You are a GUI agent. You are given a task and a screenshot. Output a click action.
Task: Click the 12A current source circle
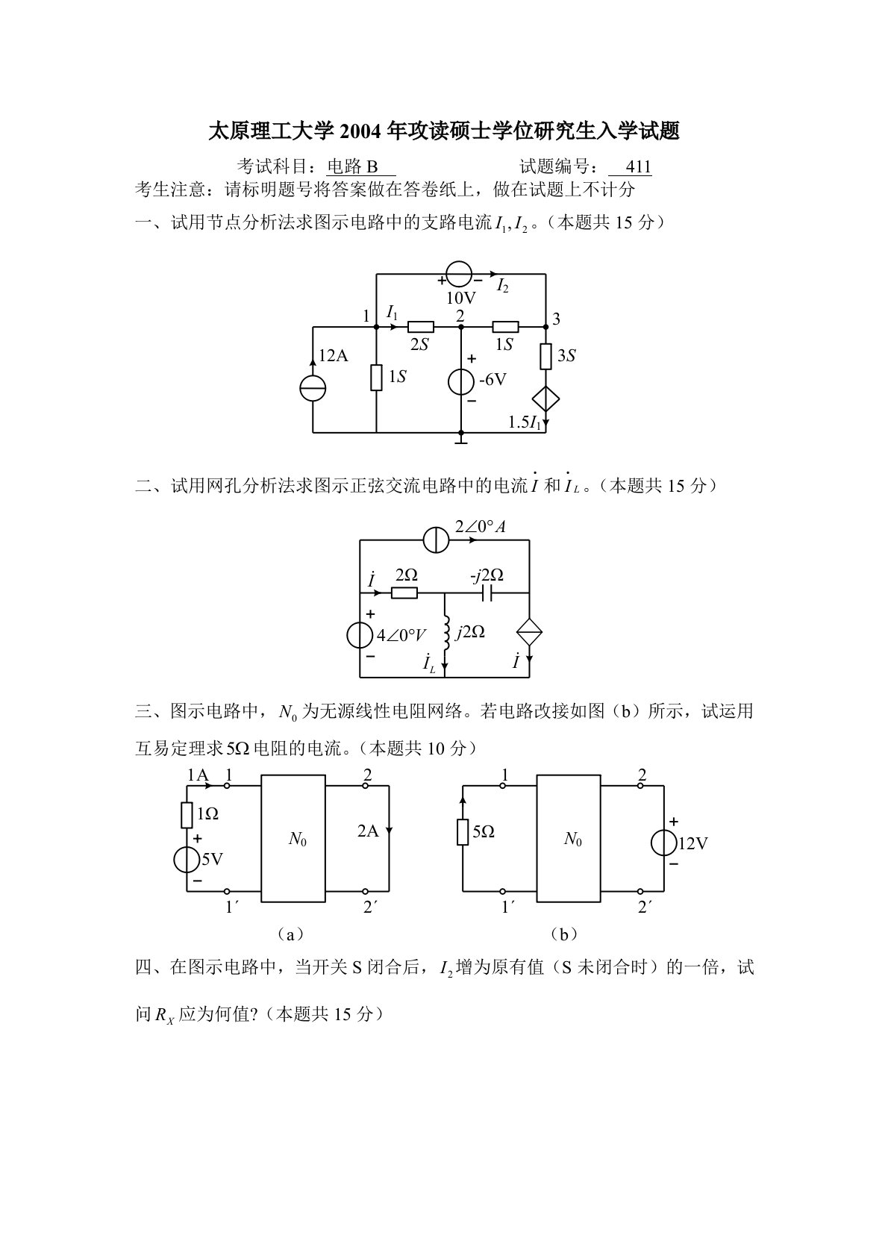pyautogui.click(x=313, y=389)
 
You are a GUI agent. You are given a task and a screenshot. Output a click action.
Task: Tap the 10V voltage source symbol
pyautogui.click(x=458, y=274)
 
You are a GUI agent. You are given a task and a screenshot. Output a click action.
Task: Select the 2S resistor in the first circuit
pyautogui.click(x=421, y=326)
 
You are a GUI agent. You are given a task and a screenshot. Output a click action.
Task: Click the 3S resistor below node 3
pyautogui.click(x=546, y=357)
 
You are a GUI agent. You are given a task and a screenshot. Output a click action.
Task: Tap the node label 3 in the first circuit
pyautogui.click(x=556, y=319)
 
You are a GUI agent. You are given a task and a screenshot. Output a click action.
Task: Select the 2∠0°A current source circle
pyautogui.click(x=436, y=540)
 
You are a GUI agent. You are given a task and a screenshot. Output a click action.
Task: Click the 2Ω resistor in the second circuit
pyautogui.click(x=404, y=594)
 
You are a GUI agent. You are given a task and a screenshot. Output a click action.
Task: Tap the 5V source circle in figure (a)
pyautogui.click(x=187, y=860)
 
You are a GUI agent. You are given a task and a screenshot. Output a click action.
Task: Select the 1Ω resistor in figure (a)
pyautogui.click(x=187, y=815)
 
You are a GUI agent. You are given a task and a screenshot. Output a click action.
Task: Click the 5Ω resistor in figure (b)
pyautogui.click(x=463, y=832)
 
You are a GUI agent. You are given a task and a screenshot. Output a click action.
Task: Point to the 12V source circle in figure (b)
pyautogui.click(x=663, y=843)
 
